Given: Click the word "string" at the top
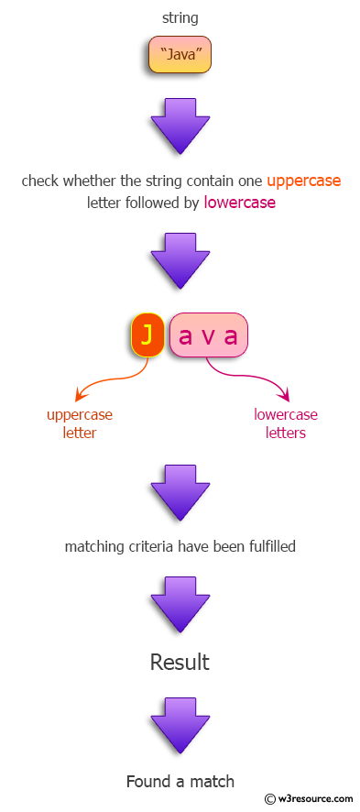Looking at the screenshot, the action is point(180,17).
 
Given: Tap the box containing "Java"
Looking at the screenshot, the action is point(180,56).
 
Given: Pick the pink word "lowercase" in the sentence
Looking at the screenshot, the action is point(239,203).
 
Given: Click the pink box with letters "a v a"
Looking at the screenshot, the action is point(209,335).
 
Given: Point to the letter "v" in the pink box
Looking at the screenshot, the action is point(209,336).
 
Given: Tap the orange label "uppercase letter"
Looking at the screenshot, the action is point(80,423).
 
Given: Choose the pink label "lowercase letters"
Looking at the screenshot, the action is point(286,423).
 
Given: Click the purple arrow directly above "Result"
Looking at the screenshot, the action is point(180,602).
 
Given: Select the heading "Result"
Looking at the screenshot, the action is point(180,662).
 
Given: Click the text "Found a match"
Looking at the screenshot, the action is point(180,782).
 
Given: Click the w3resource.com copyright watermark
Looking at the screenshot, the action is point(309,798).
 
